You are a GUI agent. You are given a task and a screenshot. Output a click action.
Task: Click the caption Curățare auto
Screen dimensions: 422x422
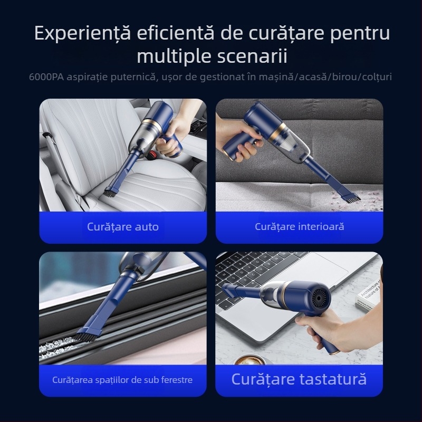tap(122, 227)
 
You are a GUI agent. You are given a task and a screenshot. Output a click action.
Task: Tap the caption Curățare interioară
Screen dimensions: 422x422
tap(299, 227)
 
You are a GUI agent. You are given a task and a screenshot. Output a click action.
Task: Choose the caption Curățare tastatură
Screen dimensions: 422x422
tap(299, 379)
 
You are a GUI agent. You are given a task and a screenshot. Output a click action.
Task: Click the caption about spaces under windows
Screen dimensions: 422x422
tap(122, 379)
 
